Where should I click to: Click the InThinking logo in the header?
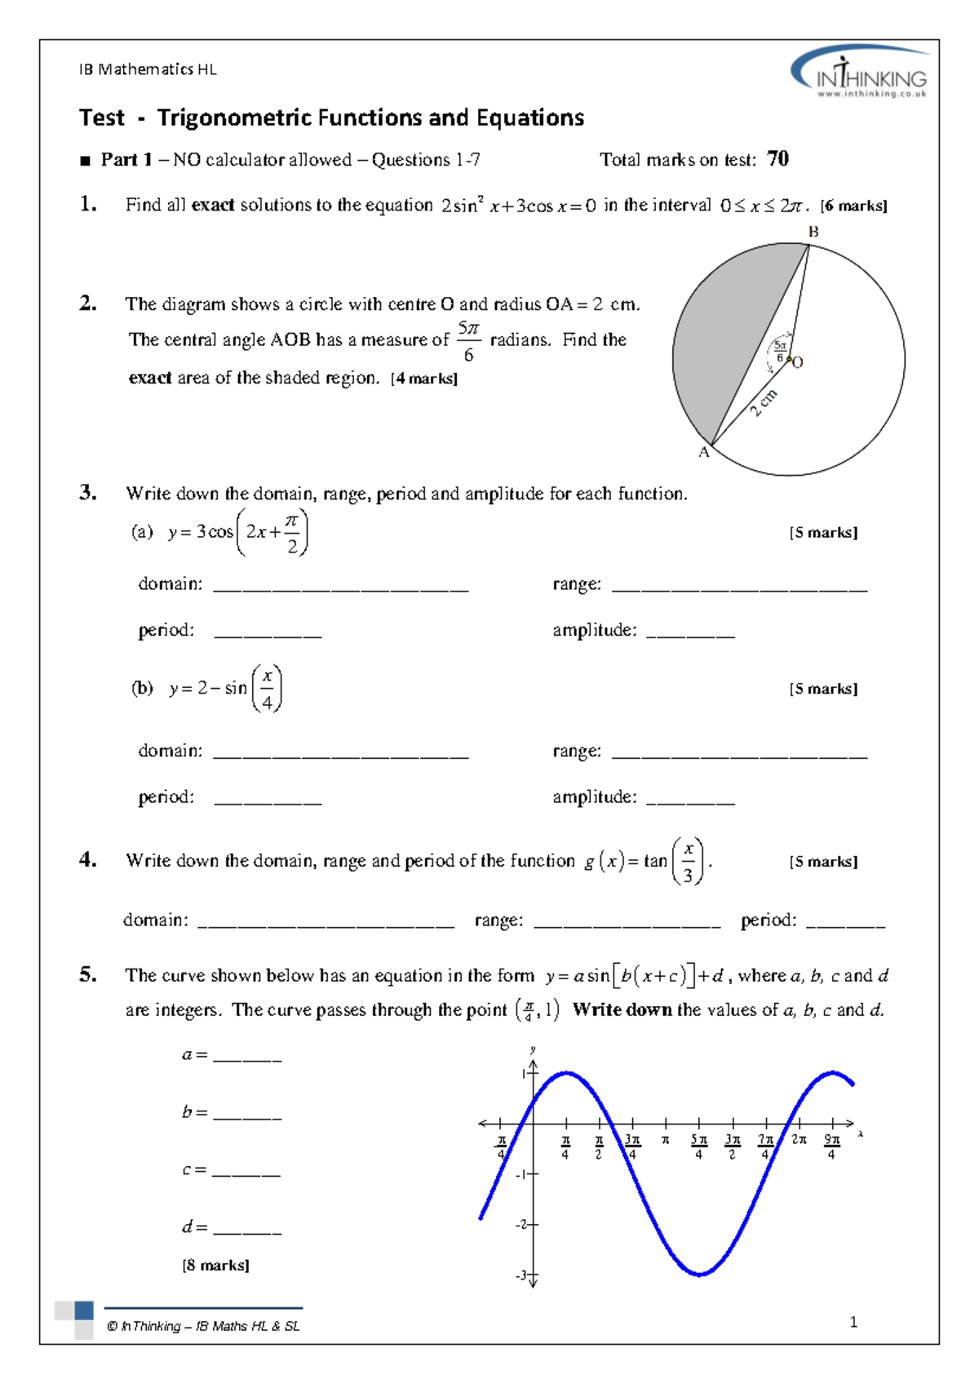(860, 73)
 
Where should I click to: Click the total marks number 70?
(777, 159)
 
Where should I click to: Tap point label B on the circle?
(813, 232)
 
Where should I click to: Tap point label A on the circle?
(704, 453)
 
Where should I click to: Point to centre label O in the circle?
(798, 362)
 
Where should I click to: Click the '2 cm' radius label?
(764, 403)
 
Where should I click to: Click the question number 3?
(88, 492)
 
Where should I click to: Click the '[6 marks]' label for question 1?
(853, 206)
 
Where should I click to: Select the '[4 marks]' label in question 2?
(424, 379)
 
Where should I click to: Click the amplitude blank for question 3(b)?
(690, 801)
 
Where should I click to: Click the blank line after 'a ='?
(247, 1059)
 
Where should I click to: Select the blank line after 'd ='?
(247, 1231)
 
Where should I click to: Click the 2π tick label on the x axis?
(799, 1139)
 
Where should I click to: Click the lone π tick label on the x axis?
(666, 1139)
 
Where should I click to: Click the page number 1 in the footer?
(853, 1322)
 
